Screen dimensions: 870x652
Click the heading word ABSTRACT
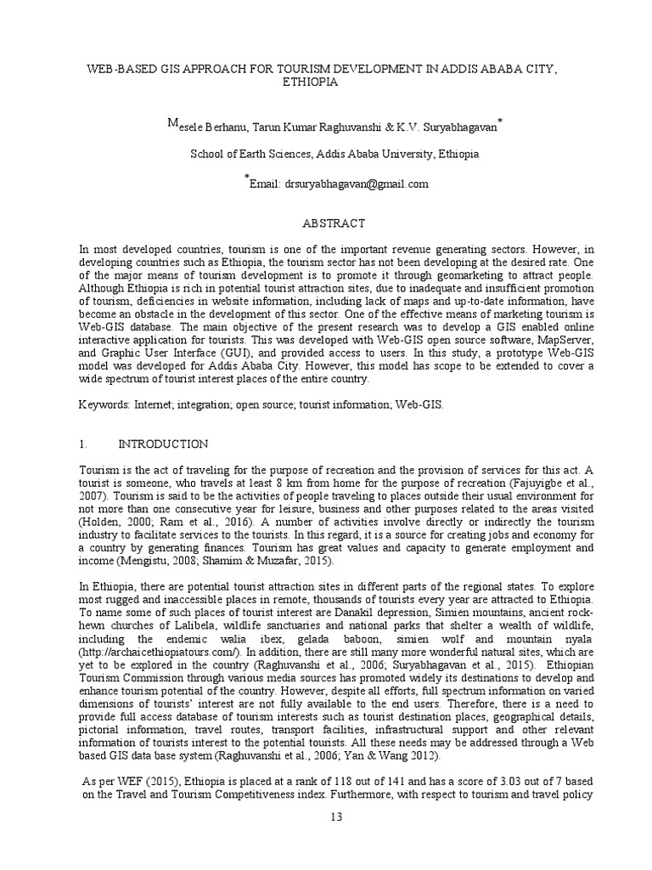334,223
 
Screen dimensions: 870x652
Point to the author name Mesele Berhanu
207,127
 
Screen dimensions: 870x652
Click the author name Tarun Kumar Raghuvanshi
320,127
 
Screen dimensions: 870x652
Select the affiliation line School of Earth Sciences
334,155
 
